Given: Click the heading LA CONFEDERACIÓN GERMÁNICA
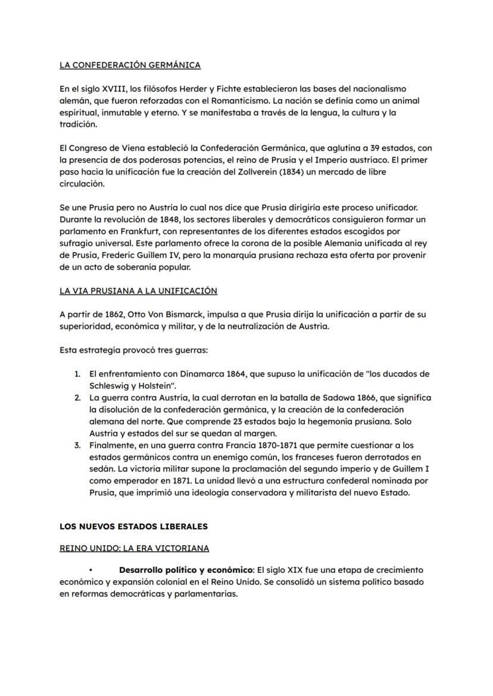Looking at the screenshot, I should point(130,65).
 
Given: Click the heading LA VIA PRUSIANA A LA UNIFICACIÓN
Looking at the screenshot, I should point(138,291).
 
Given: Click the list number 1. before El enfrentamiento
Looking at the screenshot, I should point(77,374).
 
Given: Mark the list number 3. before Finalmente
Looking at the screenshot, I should point(77,445).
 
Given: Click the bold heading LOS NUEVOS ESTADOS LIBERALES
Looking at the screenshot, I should point(133,526).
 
